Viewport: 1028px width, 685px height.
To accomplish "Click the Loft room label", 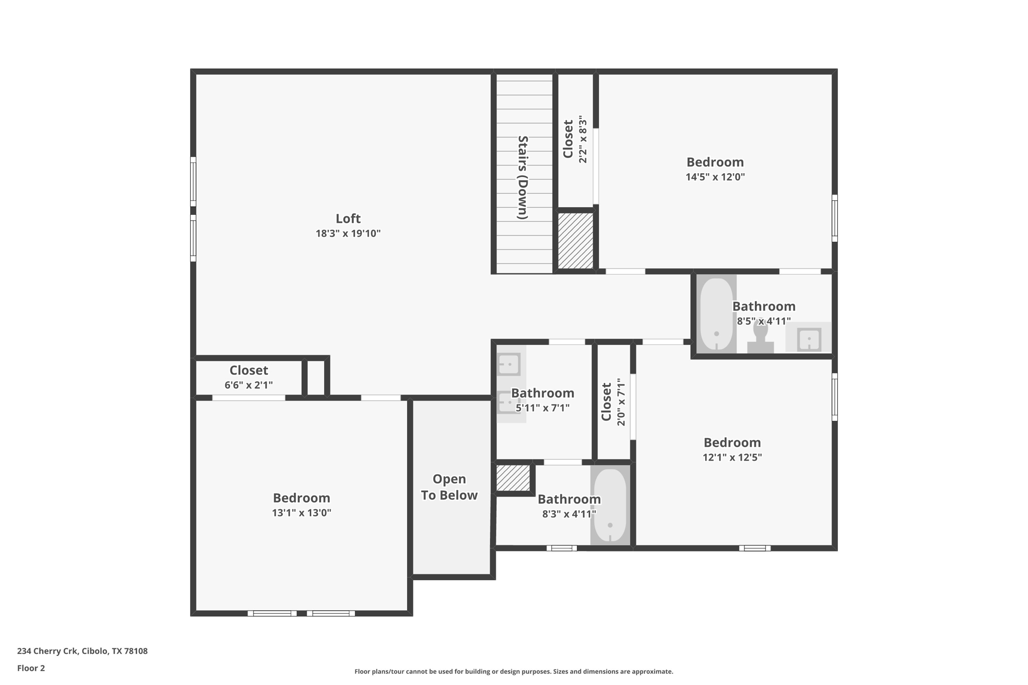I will tap(348, 219).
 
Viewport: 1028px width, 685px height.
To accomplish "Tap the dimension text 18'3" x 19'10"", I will tap(348, 233).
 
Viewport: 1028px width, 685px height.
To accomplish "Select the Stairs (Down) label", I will tap(523, 178).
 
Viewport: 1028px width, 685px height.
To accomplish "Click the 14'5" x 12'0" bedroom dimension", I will tap(715, 177).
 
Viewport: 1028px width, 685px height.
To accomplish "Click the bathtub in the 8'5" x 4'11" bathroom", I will tap(716, 314).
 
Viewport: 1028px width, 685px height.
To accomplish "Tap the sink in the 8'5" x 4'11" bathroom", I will tap(809, 340).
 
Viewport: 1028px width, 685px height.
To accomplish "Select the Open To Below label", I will tap(449, 487).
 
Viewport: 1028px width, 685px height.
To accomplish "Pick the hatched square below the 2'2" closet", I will tap(575, 241).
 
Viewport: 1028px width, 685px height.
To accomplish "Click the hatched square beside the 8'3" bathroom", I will tap(513, 478).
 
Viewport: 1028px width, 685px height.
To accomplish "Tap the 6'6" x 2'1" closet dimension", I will tap(248, 385).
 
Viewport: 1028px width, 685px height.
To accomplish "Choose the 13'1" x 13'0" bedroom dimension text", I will tap(301, 513).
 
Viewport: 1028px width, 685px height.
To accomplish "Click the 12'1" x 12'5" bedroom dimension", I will tap(732, 457).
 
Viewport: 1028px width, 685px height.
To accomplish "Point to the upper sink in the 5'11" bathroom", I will tap(508, 364).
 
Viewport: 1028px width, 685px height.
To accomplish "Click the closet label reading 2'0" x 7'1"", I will tap(613, 402).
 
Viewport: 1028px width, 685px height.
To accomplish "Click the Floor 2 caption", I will tap(31, 668).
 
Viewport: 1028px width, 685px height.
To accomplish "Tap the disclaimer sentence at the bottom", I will tap(513, 671).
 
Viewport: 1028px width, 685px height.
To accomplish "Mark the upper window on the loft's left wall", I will tap(193, 181).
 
